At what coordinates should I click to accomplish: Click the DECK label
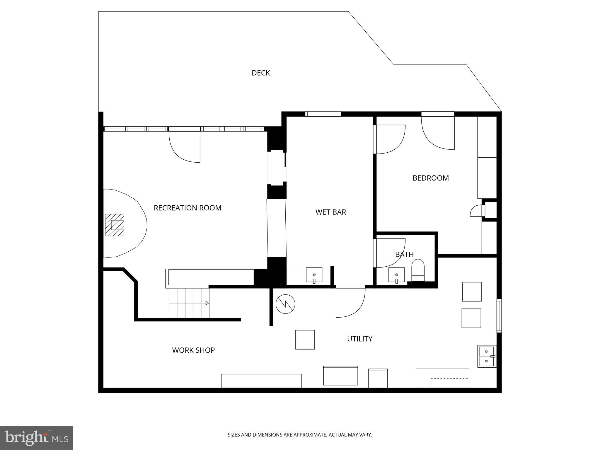click(260, 73)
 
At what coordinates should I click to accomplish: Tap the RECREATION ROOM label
click(187, 208)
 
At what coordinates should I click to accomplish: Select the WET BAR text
click(330, 212)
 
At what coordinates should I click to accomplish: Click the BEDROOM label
click(430, 178)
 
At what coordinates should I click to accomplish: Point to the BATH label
click(404, 254)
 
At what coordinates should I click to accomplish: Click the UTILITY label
click(359, 339)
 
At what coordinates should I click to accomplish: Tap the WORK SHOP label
click(193, 350)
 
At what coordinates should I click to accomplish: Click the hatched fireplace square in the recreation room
click(115, 225)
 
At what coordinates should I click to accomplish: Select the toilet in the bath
click(418, 270)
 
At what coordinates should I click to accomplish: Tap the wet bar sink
click(314, 275)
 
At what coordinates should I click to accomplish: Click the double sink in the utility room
click(487, 356)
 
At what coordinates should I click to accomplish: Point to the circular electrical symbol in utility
click(285, 304)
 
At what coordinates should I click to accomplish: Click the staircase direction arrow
click(207, 303)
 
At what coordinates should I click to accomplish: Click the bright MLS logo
click(37, 438)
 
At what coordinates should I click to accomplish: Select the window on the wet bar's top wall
click(323, 114)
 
